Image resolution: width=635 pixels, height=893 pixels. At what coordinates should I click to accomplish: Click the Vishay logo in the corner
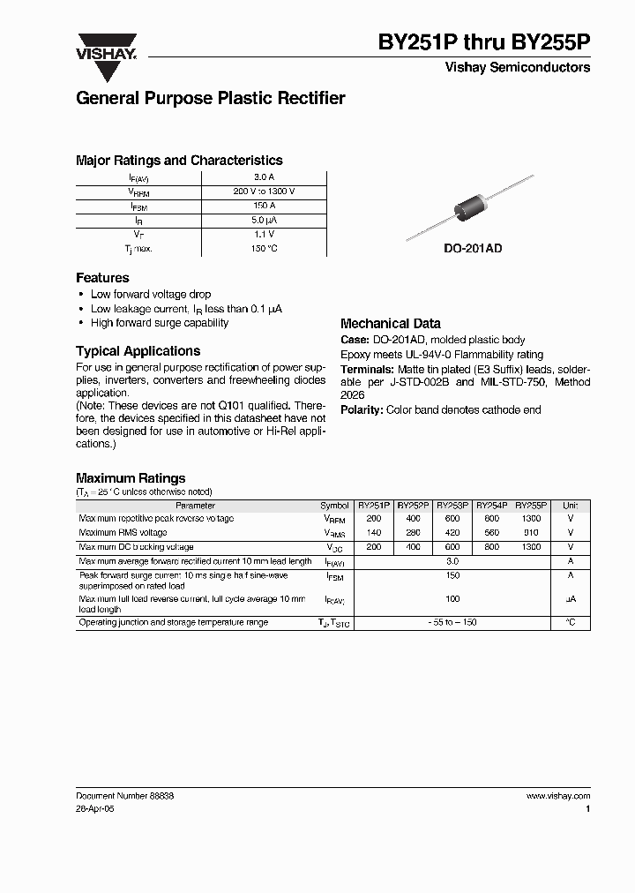(x=106, y=47)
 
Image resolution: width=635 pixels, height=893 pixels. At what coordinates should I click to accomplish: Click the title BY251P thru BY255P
(x=484, y=42)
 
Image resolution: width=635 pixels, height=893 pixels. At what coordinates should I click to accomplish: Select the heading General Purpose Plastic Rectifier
(x=210, y=99)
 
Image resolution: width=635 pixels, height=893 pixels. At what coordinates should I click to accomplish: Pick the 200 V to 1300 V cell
(x=265, y=191)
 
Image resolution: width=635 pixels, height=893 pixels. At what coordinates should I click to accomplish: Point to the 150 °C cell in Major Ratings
(x=265, y=249)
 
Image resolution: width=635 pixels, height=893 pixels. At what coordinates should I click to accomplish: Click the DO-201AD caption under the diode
(x=473, y=250)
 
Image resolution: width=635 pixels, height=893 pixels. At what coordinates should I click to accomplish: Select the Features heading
(x=102, y=277)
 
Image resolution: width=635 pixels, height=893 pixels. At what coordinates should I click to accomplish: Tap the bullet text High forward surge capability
(x=160, y=323)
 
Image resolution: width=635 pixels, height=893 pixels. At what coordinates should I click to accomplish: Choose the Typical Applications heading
(x=138, y=350)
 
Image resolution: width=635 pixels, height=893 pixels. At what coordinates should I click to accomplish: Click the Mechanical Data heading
(x=390, y=324)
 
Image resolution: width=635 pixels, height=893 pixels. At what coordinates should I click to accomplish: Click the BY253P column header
(x=452, y=506)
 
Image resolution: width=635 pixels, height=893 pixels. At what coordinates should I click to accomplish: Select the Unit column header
(x=571, y=506)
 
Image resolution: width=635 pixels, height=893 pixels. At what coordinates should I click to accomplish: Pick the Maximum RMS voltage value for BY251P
(x=374, y=533)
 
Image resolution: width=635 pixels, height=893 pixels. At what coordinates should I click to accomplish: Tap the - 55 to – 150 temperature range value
(x=452, y=622)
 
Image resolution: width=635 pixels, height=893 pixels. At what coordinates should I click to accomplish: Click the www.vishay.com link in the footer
(x=557, y=795)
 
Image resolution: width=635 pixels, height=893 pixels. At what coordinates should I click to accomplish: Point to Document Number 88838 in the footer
(x=124, y=795)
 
